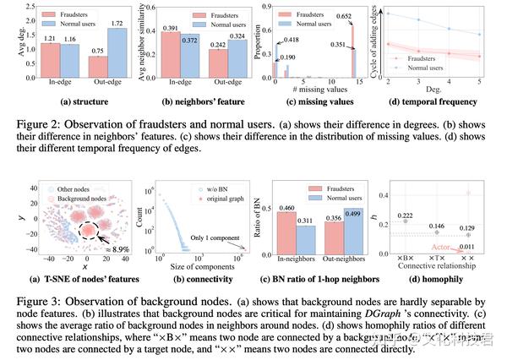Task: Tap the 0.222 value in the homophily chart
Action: pyautogui.click(x=406, y=216)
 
